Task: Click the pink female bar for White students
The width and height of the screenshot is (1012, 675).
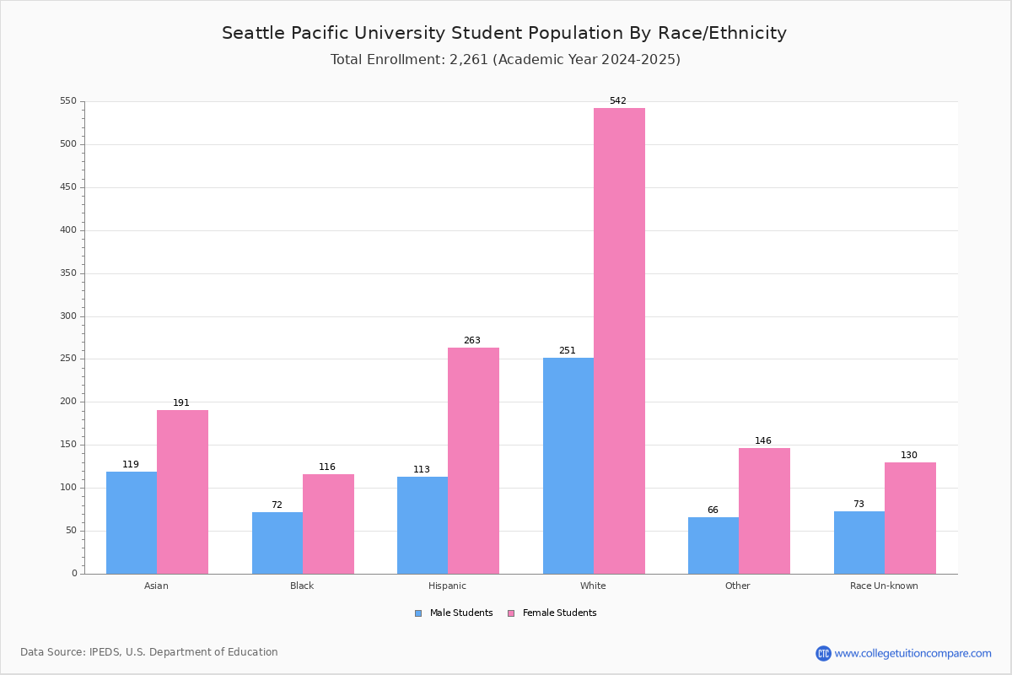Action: click(x=619, y=341)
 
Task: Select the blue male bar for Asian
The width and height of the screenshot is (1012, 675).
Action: click(x=132, y=522)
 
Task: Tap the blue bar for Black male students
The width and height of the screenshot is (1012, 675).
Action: click(x=277, y=543)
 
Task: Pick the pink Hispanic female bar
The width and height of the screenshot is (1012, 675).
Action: click(x=473, y=461)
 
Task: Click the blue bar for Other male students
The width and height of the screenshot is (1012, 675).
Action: click(x=713, y=545)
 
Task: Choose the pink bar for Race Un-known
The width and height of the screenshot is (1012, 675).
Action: click(x=910, y=518)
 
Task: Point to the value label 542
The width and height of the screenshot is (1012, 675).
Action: click(x=618, y=101)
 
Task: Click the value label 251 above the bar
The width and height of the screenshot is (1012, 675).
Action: click(x=567, y=351)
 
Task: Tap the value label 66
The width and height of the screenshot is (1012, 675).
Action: click(x=713, y=510)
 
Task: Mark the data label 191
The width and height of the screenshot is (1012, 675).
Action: click(x=181, y=403)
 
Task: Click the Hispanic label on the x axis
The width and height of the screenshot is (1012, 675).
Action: click(x=447, y=586)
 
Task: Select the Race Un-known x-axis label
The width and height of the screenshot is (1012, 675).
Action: click(x=884, y=586)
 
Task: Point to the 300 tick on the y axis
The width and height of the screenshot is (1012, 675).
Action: click(x=68, y=316)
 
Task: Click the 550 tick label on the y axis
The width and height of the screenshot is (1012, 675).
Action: click(x=68, y=101)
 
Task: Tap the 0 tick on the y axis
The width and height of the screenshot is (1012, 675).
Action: click(x=74, y=574)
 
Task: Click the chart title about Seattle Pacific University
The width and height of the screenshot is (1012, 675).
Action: click(x=504, y=34)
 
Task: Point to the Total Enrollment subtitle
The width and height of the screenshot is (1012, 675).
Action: click(x=505, y=60)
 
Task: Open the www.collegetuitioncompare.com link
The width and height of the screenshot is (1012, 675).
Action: click(x=912, y=653)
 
